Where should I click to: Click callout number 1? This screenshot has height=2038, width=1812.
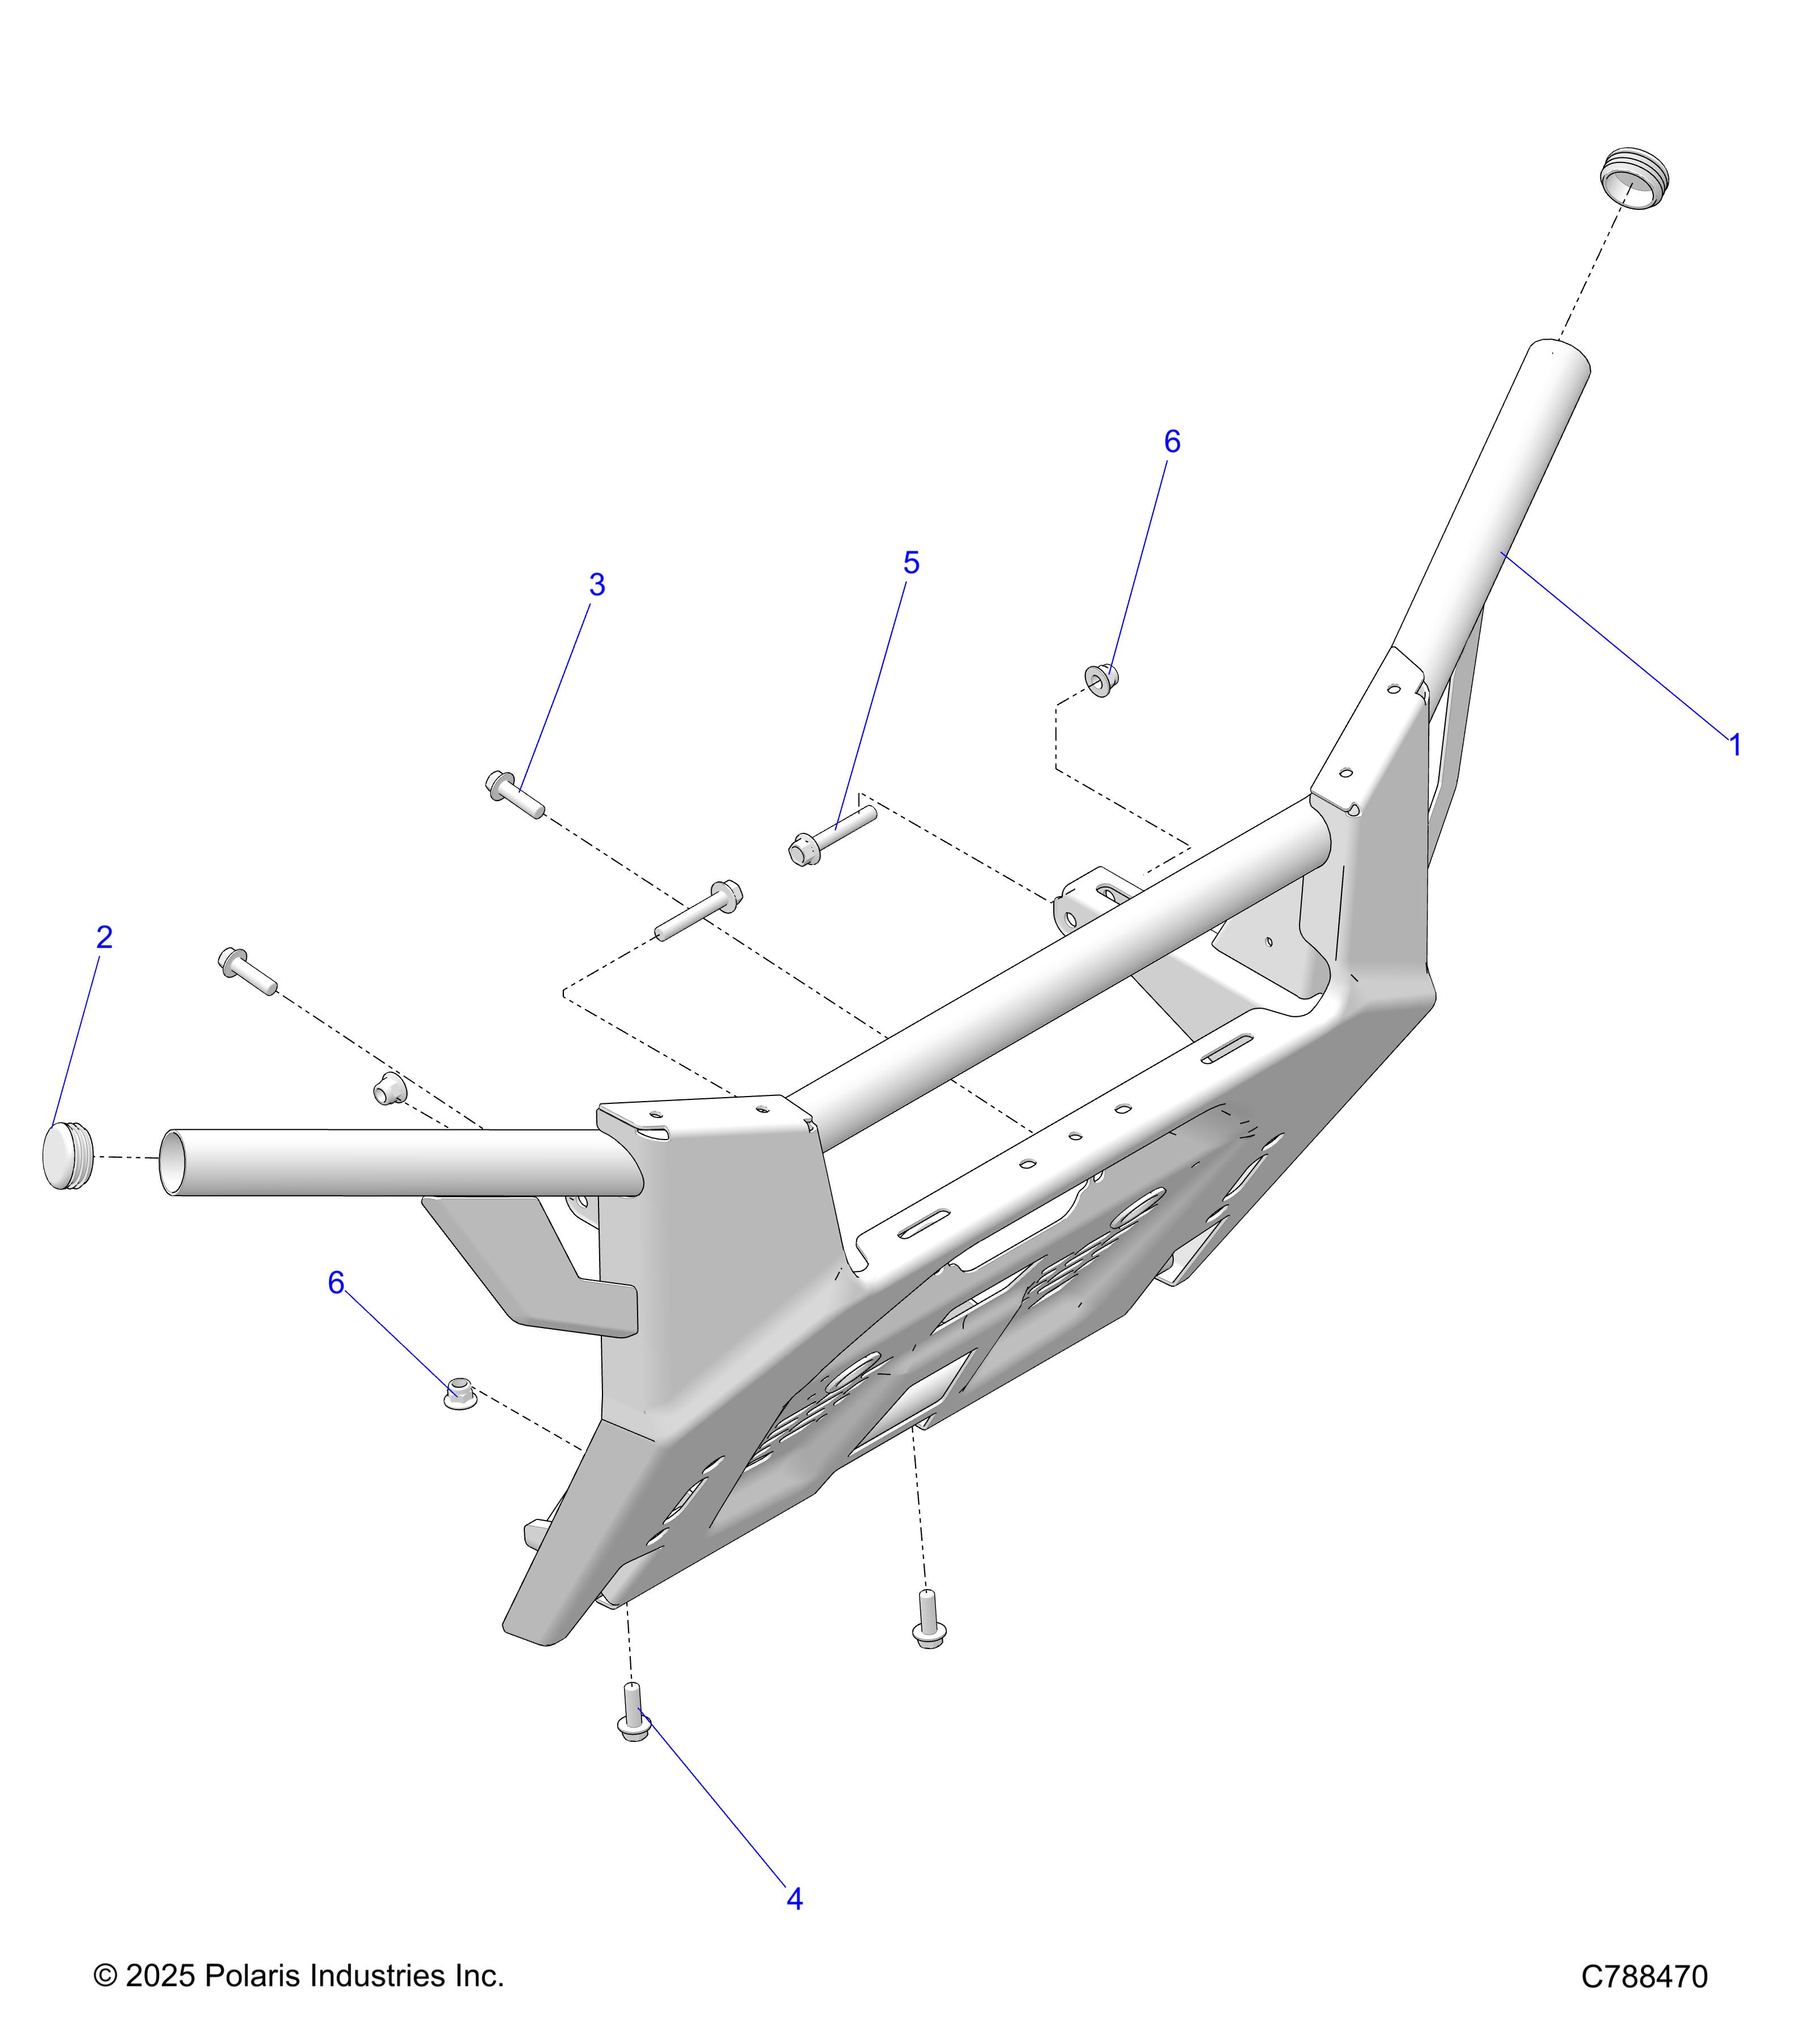pos(1735,745)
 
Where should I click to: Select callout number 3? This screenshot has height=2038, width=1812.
pos(596,585)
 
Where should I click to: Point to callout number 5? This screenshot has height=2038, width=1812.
pos(911,563)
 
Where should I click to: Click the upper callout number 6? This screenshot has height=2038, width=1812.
pos(1172,442)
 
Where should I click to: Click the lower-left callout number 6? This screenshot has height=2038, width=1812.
pos(336,1283)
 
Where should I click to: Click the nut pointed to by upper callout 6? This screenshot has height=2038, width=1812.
pos(1101,680)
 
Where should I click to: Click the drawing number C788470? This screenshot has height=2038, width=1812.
pos(1644,1977)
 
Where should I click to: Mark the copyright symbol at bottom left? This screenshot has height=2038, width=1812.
pos(105,1976)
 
